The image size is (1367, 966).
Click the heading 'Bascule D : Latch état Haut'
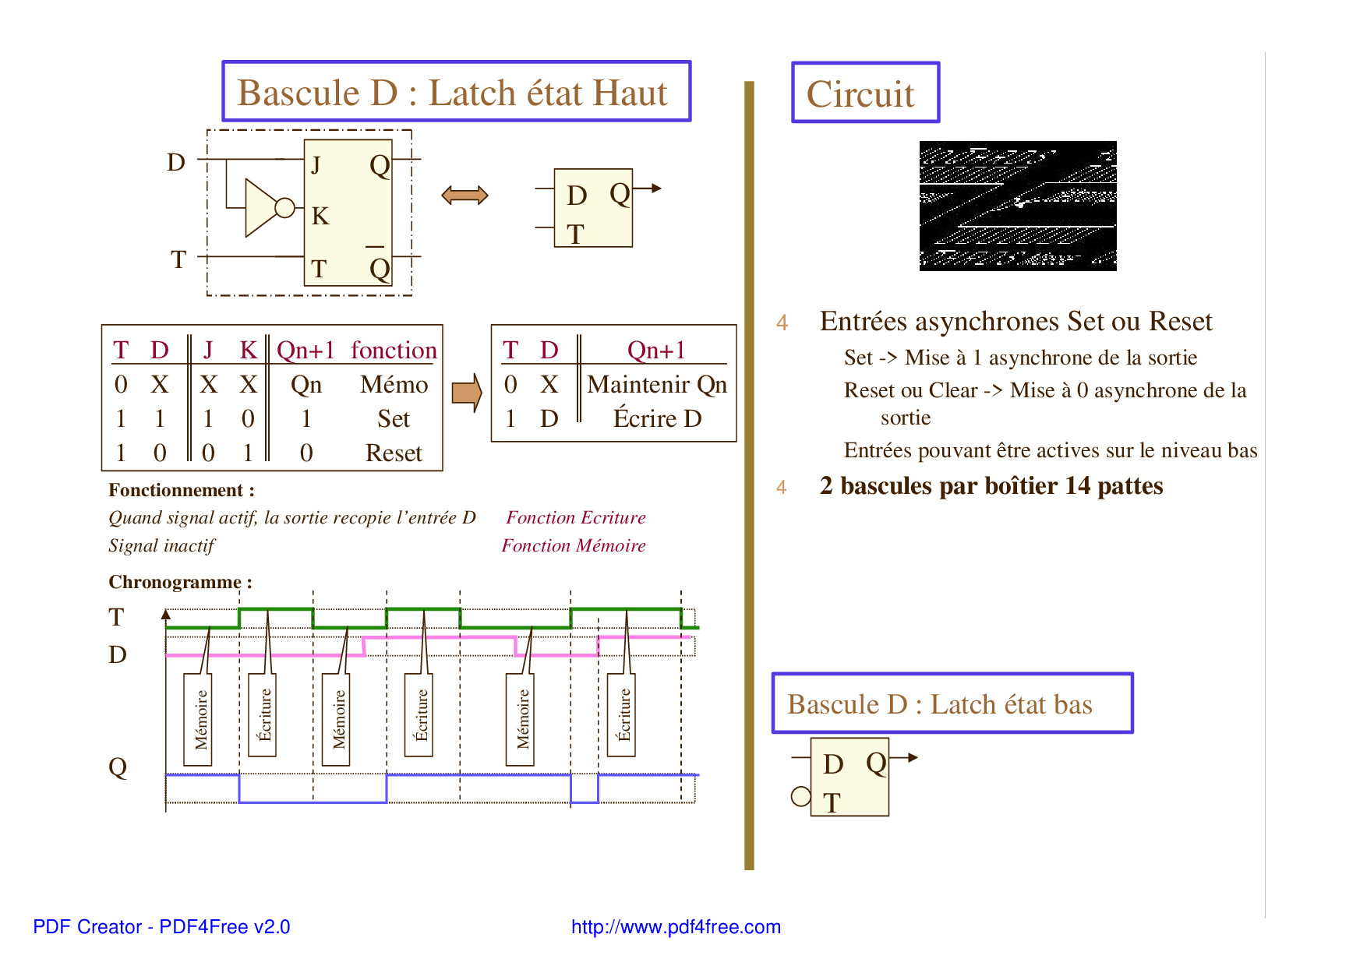tap(452, 93)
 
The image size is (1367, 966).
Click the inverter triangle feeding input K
tap(260, 207)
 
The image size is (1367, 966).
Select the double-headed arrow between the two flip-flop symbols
tap(464, 195)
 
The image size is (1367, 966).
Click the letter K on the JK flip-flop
tap(320, 216)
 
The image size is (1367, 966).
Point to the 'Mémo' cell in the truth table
tap(394, 384)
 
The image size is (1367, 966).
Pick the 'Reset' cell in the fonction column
tap(394, 453)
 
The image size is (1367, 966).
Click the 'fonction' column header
tap(394, 350)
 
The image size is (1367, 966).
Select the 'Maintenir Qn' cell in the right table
tap(656, 384)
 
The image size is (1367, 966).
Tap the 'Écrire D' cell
tap(657, 418)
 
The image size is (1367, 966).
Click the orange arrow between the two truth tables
tap(467, 393)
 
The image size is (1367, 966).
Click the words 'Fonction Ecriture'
tap(576, 517)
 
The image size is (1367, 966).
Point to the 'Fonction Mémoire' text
tap(574, 545)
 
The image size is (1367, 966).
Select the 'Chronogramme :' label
tap(180, 582)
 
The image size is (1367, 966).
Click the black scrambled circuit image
tap(1018, 206)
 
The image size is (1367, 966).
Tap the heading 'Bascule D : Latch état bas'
tap(939, 704)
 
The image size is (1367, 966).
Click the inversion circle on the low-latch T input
tap(800, 796)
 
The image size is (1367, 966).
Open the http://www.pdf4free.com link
tap(676, 927)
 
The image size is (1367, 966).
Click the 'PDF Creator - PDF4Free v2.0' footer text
tap(161, 927)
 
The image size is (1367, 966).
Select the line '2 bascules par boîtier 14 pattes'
tap(991, 486)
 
